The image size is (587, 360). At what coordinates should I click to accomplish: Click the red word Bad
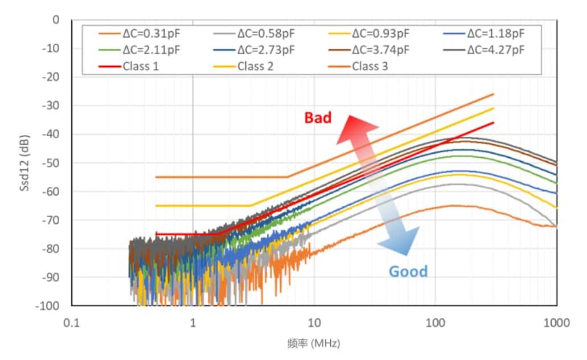[318, 118]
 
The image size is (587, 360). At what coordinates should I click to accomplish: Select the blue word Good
[408, 271]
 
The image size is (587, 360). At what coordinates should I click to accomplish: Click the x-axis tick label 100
[436, 324]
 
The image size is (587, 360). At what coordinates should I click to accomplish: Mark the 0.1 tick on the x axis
[72, 324]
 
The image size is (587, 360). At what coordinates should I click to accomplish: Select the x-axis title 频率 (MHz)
[314, 344]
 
